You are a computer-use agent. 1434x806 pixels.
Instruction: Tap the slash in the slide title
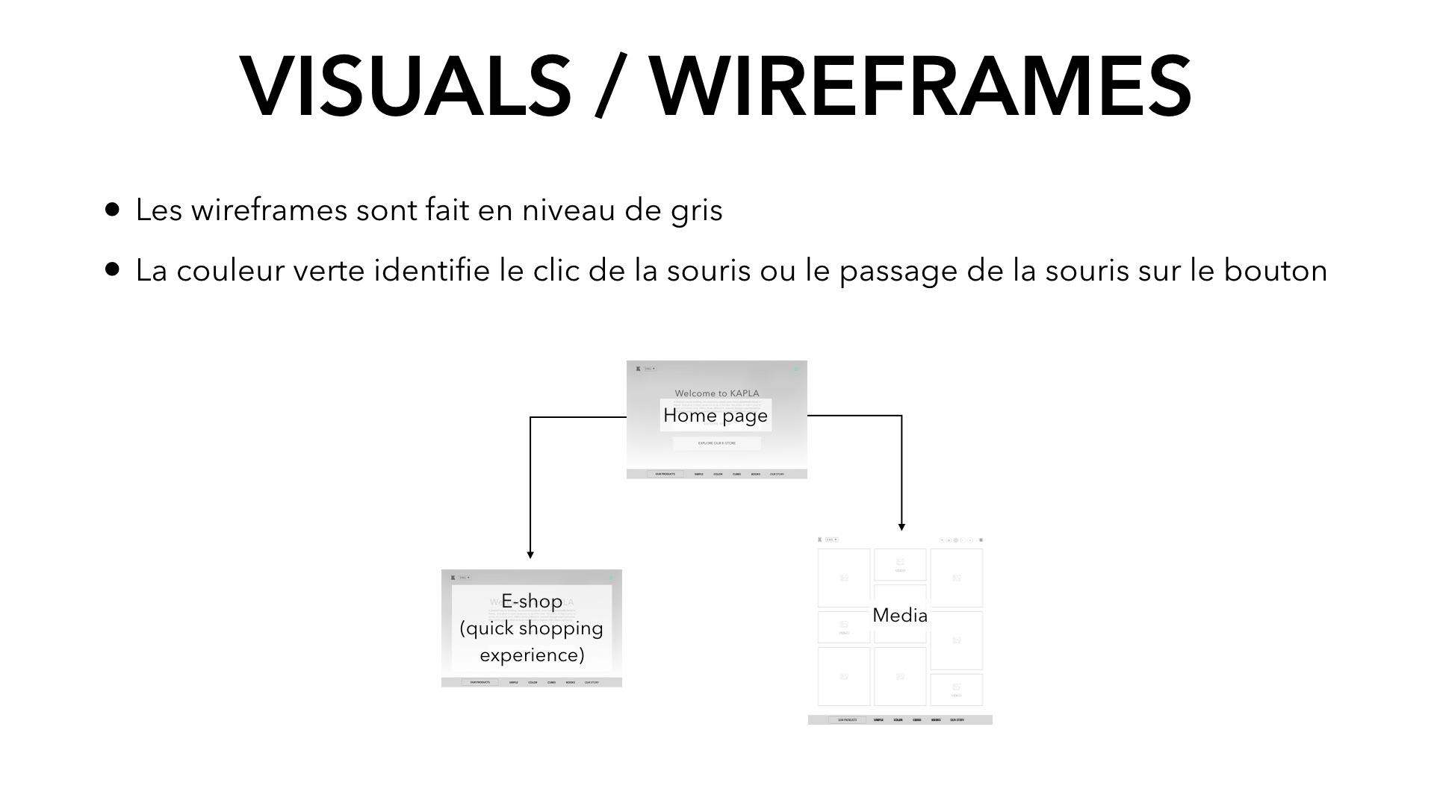(610, 87)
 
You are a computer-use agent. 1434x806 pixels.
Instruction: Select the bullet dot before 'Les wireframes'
(113, 209)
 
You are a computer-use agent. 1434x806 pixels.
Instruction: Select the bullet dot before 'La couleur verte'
(113, 269)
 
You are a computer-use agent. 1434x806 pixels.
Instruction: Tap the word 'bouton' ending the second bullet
(1275, 270)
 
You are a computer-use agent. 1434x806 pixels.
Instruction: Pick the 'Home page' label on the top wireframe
(716, 416)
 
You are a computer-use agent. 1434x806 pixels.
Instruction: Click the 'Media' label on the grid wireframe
(900, 616)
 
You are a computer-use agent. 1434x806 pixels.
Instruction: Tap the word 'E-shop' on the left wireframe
(532, 602)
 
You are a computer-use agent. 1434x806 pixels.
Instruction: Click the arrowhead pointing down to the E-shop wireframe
(530, 554)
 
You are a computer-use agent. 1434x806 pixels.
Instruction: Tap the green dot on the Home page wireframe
(795, 369)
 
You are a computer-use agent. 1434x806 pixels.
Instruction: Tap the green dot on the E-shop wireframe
(610, 578)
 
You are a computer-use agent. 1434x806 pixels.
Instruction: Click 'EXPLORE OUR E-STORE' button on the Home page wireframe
(717, 443)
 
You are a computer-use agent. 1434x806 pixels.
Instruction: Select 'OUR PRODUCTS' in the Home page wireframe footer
(665, 474)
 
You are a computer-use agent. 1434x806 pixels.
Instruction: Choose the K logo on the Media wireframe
(820, 540)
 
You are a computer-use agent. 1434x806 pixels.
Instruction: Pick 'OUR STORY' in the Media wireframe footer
(957, 720)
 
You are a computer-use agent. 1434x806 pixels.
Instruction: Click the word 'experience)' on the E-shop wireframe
(532, 655)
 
